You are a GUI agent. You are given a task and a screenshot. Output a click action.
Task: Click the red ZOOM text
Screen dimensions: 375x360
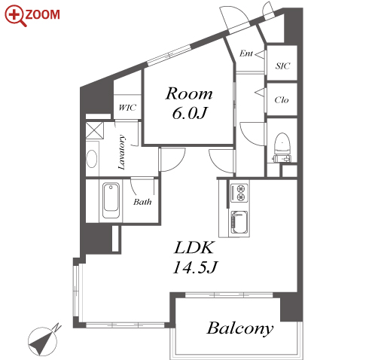[x=42, y=14]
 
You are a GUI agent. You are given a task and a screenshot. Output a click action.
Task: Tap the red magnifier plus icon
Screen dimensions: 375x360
[x=15, y=14]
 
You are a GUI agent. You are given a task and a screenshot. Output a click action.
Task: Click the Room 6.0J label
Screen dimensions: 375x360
[x=189, y=103]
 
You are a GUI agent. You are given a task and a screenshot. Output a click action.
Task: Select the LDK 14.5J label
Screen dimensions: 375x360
[x=195, y=257]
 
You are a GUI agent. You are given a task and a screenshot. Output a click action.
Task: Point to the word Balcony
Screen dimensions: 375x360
[x=239, y=328]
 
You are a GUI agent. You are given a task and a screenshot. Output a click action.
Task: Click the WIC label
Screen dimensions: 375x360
[x=127, y=108]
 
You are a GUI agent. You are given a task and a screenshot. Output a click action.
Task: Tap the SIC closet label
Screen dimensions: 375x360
[x=282, y=66]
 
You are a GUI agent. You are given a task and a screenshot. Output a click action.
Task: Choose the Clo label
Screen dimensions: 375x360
[x=282, y=100]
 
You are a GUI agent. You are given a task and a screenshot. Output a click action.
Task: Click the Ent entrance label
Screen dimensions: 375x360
[x=246, y=53]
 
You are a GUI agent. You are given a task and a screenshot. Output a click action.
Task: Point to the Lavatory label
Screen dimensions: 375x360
[x=121, y=152]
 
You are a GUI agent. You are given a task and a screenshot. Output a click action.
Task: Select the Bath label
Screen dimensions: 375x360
[x=142, y=202]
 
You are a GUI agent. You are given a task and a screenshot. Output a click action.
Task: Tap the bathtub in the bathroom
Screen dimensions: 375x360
[x=111, y=200]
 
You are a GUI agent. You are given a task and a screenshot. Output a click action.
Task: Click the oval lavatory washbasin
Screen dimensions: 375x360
[x=91, y=158]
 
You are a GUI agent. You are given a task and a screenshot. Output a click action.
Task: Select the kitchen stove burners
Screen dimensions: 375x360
[x=239, y=193]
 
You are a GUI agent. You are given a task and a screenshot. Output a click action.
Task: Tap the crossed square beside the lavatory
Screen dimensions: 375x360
[x=94, y=130]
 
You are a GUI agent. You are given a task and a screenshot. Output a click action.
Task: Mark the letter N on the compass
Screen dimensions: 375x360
[x=57, y=327]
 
